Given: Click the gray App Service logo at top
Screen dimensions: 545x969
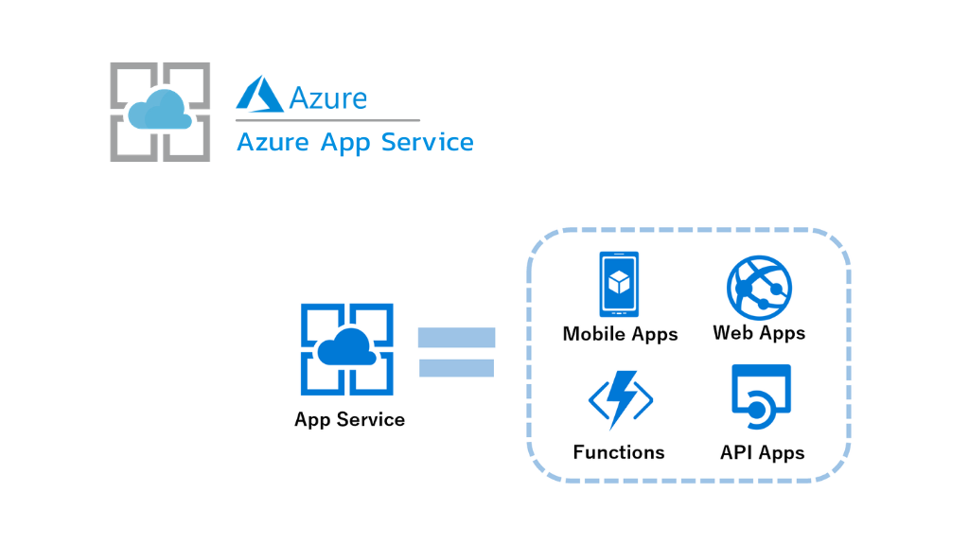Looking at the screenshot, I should click(160, 112).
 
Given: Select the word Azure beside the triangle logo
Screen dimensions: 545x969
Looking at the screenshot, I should click(327, 97).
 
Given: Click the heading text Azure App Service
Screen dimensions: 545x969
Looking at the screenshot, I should click(354, 142).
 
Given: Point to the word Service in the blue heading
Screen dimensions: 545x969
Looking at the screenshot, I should click(427, 142).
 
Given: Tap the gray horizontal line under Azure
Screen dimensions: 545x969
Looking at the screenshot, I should click(327, 120).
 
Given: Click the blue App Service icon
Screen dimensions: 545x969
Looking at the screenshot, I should click(347, 349).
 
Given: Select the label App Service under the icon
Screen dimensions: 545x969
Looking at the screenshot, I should click(349, 419).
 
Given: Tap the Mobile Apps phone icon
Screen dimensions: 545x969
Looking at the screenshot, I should click(619, 284).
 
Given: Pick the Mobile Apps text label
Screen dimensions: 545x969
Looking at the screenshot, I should click(620, 334).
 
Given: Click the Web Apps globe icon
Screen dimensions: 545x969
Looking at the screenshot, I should click(759, 286).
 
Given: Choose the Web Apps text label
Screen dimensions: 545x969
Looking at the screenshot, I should click(759, 333).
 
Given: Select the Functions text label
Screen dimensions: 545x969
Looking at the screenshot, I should click(619, 452).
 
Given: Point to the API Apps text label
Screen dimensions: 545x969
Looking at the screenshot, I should click(762, 452).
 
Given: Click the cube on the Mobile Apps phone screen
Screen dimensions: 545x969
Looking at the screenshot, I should click(619, 282).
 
